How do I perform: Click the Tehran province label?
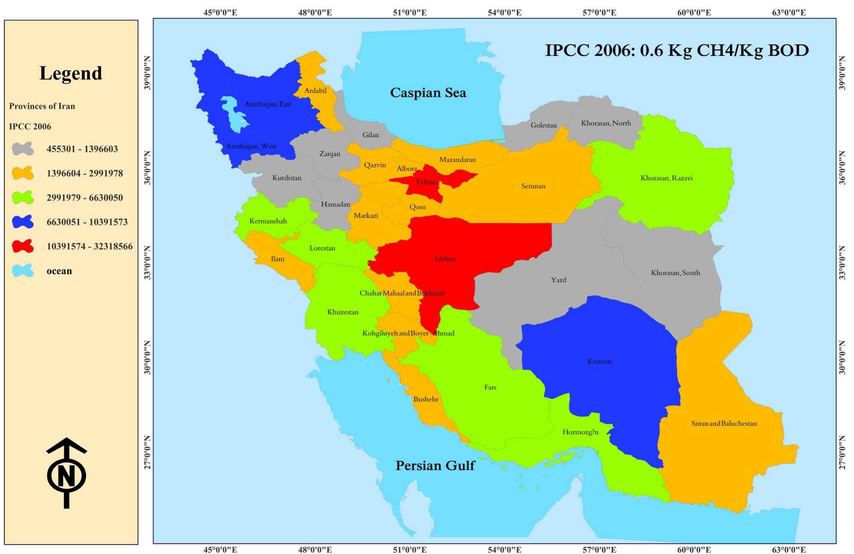pyautogui.click(x=426, y=182)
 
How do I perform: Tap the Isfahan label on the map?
pyautogui.click(x=445, y=259)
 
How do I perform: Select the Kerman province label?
pyautogui.click(x=599, y=362)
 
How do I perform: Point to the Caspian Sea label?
pyautogui.click(x=428, y=92)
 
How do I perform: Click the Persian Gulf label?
pyautogui.click(x=435, y=465)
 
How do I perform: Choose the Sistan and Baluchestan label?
pyautogui.click(x=724, y=423)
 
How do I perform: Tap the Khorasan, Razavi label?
pyautogui.click(x=666, y=178)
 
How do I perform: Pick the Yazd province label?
pyautogui.click(x=558, y=280)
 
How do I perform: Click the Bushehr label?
pyautogui.click(x=426, y=399)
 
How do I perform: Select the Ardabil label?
pyautogui.click(x=315, y=90)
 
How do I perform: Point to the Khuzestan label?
pyautogui.click(x=343, y=312)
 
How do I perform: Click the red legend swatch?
pyautogui.click(x=23, y=246)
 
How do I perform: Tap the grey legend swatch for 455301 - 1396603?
pyautogui.click(x=23, y=149)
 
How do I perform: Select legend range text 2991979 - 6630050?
pyautogui.click(x=85, y=198)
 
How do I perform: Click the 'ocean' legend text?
pyautogui.click(x=59, y=271)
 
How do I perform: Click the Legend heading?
pyautogui.click(x=71, y=73)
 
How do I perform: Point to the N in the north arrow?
pyautogui.click(x=67, y=475)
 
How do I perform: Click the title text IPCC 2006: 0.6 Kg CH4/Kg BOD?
pyautogui.click(x=677, y=50)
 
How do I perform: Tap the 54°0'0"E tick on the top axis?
pyautogui.click(x=504, y=12)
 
